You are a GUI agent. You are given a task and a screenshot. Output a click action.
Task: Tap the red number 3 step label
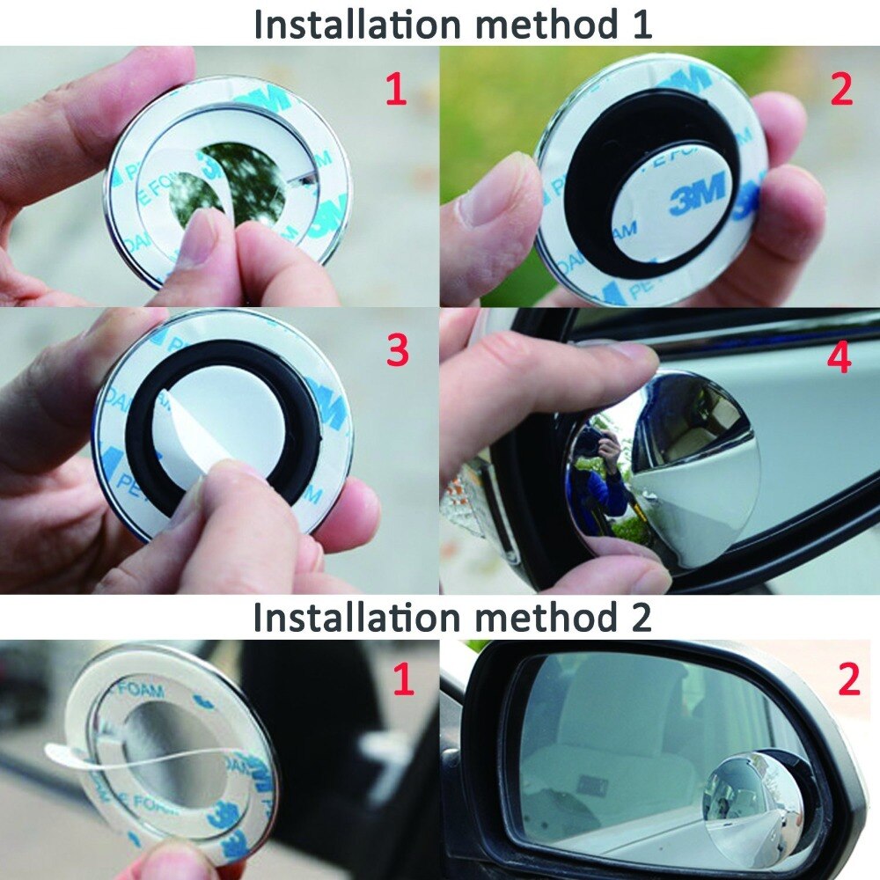(x=398, y=350)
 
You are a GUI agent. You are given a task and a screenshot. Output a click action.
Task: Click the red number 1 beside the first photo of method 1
(x=396, y=90)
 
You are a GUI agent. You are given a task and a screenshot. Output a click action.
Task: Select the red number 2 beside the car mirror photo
(x=848, y=679)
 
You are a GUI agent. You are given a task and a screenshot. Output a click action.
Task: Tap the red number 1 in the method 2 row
(x=403, y=679)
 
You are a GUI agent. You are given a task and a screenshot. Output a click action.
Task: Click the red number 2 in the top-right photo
(x=841, y=90)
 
